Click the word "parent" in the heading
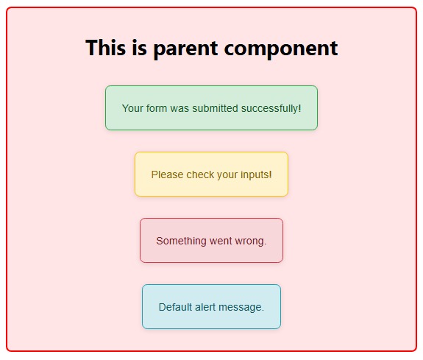click(185, 49)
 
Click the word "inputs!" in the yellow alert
click(255, 174)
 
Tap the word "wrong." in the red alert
click(250, 241)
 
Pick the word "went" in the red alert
click(220, 241)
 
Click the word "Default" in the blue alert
click(176, 307)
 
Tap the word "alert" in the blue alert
click(207, 307)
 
